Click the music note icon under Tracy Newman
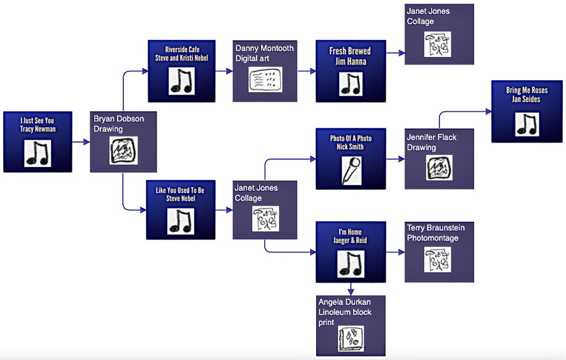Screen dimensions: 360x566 38,153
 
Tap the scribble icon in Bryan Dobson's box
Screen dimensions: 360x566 123,150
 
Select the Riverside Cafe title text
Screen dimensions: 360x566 182,49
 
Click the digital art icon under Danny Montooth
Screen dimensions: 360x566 265,80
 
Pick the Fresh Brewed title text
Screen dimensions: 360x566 350,51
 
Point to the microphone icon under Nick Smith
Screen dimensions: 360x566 350,170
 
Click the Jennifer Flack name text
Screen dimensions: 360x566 432,137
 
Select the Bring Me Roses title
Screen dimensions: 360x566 526,90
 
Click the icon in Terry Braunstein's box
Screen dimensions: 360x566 437,259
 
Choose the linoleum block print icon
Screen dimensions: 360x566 351,339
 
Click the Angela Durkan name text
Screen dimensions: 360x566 344,302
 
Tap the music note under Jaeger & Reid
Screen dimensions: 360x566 350,264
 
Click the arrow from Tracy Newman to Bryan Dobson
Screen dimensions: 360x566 81,143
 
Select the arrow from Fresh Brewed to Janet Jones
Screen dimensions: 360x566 395,54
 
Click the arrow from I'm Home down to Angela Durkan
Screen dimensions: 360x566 350,289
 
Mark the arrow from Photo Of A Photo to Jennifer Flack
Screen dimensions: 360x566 395,159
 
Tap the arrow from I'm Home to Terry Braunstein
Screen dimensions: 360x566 395,252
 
